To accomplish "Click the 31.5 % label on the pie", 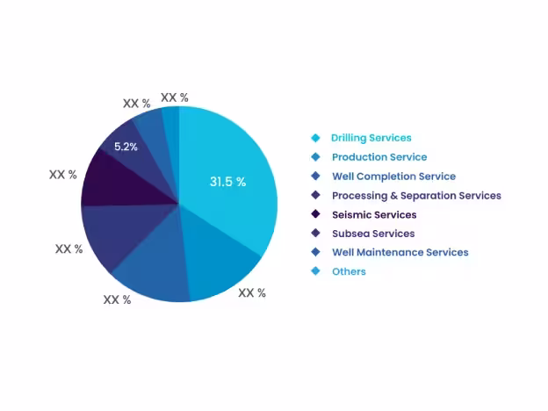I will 227,182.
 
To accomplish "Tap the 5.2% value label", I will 126,147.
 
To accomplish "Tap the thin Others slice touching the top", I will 171,119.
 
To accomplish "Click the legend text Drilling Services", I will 371,138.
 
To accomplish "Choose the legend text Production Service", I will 379,157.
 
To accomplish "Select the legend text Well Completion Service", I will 393,177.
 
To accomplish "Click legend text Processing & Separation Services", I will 416,196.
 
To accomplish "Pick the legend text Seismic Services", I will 374,214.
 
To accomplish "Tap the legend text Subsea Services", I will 373,234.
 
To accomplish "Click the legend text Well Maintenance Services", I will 400,252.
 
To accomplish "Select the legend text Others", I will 349,271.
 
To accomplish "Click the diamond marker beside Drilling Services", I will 315,138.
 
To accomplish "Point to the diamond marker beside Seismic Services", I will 315,214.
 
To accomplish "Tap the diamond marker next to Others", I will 315,271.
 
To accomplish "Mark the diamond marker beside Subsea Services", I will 315,234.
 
